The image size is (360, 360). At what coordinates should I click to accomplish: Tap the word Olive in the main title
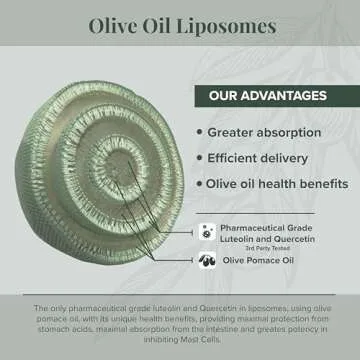[115, 24]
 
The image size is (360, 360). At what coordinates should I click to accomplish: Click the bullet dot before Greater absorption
[199, 132]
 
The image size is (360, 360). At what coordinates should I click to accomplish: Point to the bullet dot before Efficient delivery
[199, 158]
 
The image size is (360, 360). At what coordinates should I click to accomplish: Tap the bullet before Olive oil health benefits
[199, 183]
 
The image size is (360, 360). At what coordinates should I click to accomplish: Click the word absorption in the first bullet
[294, 132]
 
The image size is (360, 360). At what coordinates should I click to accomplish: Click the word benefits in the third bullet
[319, 183]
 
